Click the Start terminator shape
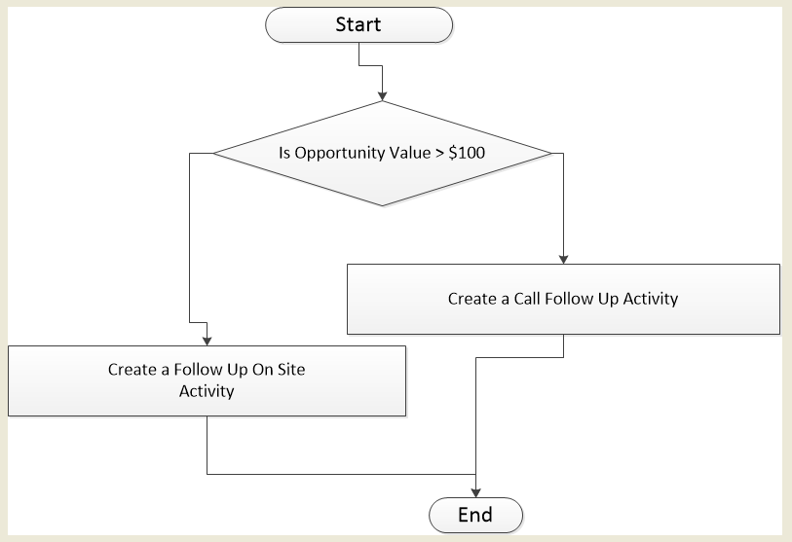[358, 25]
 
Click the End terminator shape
[476, 514]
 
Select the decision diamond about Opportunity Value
[382, 153]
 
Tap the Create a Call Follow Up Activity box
[563, 299]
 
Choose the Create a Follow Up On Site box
[207, 380]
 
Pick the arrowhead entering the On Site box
[207, 340]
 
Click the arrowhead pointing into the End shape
[476, 492]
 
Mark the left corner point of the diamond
[213, 153]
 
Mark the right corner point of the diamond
[550, 153]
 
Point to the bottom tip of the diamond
[382, 205]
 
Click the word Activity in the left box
[207, 391]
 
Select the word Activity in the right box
[648, 299]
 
